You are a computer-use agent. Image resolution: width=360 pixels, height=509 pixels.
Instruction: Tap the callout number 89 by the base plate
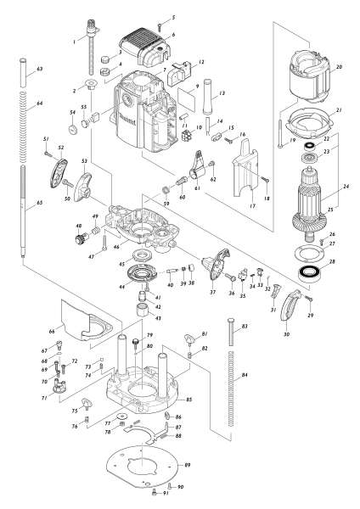pyautogui.click(x=188, y=466)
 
